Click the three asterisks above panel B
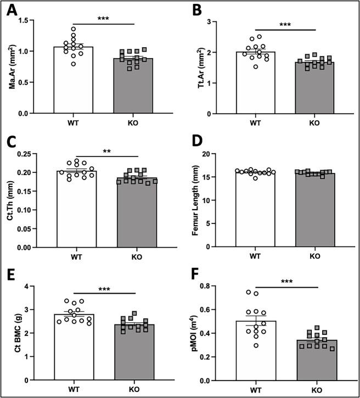[286, 25]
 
